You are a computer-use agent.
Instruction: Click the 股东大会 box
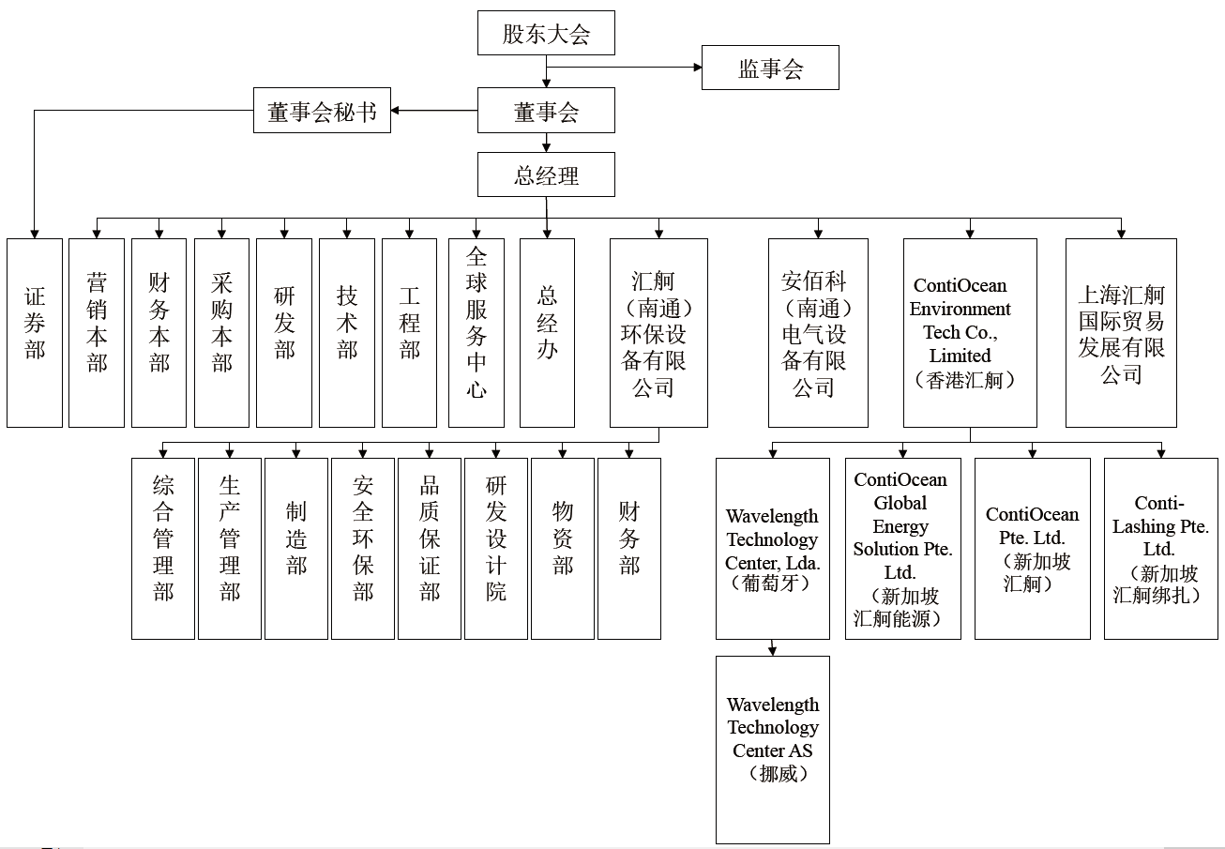[x=546, y=33]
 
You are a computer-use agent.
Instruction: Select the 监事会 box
[x=770, y=68]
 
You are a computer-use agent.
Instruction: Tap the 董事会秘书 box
[x=322, y=110]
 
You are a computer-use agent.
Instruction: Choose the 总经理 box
[x=546, y=174]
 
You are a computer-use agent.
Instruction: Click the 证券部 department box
[x=35, y=333]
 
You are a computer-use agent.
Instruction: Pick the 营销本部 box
[x=97, y=333]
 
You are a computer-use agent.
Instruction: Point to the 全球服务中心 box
[x=476, y=333]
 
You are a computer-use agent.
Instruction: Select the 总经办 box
[x=547, y=333]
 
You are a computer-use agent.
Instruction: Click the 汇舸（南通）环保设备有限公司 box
[x=658, y=333]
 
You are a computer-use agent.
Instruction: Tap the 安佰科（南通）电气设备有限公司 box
[x=818, y=333]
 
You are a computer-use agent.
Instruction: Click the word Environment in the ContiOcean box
[x=960, y=309]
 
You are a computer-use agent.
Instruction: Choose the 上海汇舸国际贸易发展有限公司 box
[x=1121, y=333]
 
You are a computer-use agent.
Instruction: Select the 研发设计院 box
[x=496, y=549]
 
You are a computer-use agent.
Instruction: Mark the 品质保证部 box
[x=430, y=549]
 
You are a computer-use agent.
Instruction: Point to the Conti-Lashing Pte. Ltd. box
[x=1161, y=549]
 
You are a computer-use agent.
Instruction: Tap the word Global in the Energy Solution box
[x=900, y=503]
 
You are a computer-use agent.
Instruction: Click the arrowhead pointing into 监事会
[x=698, y=68]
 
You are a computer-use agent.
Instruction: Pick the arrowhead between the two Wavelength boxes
[x=772, y=651]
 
